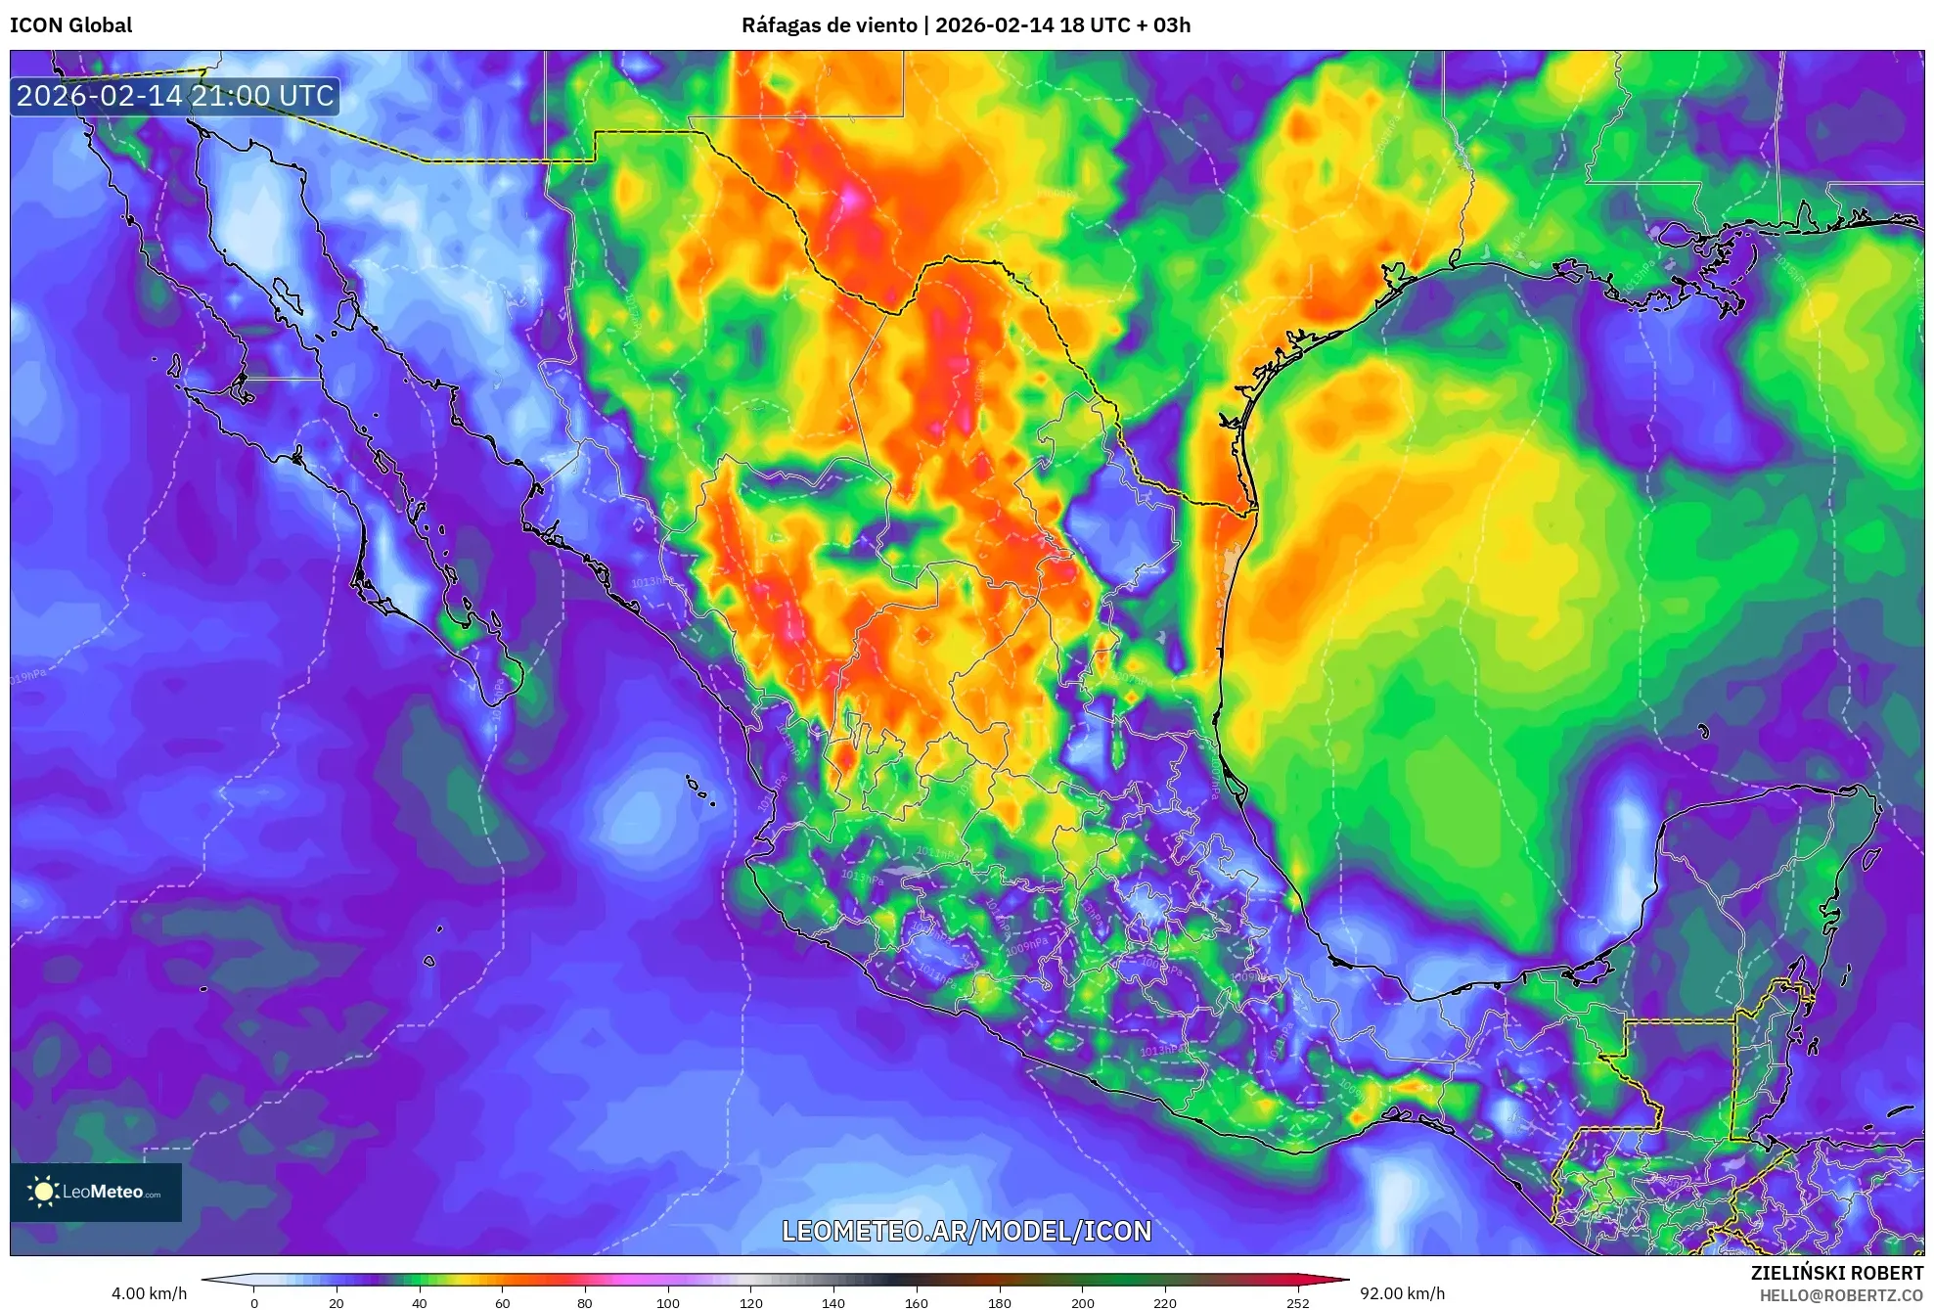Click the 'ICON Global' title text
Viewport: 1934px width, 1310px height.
point(70,25)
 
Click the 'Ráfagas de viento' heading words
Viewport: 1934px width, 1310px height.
point(829,25)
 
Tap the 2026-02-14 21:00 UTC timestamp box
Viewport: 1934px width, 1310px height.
point(175,96)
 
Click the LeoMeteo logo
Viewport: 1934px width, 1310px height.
point(96,1192)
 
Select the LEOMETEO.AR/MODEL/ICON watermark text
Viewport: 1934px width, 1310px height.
point(967,1231)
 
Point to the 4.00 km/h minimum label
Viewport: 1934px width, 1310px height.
point(149,1293)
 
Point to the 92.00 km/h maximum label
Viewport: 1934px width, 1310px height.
point(1402,1293)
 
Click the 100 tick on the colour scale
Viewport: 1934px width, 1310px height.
point(667,1302)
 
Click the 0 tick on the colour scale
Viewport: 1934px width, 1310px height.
point(254,1302)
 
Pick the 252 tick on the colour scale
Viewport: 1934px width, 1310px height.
point(1297,1302)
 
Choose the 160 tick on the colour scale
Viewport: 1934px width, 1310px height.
point(917,1302)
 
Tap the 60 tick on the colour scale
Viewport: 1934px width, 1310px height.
point(502,1302)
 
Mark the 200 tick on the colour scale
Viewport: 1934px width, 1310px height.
point(1082,1302)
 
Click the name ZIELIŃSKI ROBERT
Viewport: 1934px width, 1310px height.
point(1837,1273)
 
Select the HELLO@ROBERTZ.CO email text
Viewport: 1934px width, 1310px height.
point(1841,1295)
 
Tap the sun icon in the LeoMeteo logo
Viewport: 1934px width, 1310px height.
point(43,1191)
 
